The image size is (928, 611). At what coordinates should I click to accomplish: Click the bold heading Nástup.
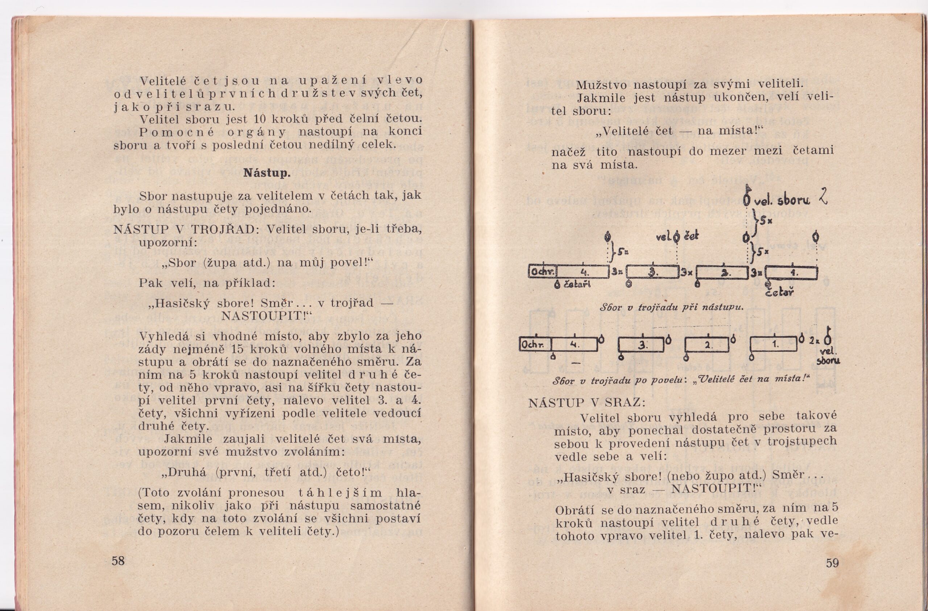267,173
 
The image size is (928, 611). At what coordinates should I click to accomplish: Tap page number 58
118,561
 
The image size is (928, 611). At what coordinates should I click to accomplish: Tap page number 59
832,563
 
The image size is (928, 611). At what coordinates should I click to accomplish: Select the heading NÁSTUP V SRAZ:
587,403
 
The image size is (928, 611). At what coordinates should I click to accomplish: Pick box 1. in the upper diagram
792,273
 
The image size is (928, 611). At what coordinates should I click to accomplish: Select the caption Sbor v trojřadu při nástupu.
671,307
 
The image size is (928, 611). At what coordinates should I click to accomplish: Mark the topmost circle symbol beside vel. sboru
747,200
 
